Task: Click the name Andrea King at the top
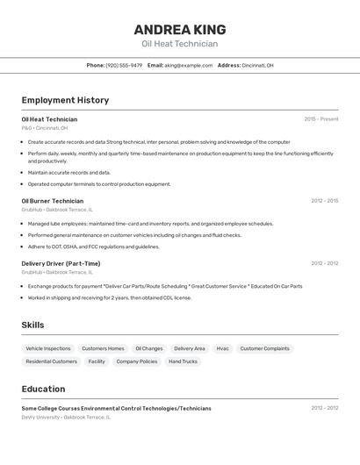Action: coord(180,29)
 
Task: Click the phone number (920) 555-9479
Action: coord(124,65)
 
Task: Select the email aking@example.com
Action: coord(188,65)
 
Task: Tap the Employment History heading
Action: coord(65,100)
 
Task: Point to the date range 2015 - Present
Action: coord(321,119)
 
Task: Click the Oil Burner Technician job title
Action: coord(53,201)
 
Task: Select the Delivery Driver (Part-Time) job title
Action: coord(61,263)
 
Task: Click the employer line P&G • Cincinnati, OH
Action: coord(45,128)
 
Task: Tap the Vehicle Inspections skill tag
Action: coord(48,348)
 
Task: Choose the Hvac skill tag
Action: coord(222,348)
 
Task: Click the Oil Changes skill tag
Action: coord(149,348)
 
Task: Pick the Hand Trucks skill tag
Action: coord(183,361)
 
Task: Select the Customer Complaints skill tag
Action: coord(264,348)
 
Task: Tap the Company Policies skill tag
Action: coord(137,361)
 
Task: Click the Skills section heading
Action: coord(32,325)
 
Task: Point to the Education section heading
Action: coord(43,389)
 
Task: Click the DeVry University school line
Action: coord(66,418)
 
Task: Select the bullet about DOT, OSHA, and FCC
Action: coord(94,247)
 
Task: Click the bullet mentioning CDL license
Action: coord(110,297)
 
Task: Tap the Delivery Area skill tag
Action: coord(190,348)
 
